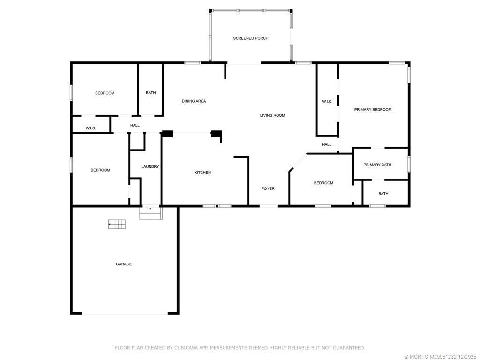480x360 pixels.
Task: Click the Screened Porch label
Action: (251, 38)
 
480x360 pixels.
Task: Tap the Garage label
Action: (124, 264)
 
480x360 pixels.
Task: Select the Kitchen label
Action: (202, 172)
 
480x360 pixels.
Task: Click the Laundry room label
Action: (150, 166)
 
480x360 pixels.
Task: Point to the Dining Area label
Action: (194, 101)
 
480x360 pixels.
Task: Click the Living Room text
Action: (272, 115)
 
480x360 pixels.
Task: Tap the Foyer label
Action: (268, 188)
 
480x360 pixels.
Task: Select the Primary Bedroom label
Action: (373, 109)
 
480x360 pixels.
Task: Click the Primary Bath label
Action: (377, 165)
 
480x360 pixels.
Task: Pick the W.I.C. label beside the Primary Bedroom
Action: (327, 102)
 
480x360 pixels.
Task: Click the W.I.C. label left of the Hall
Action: (90, 128)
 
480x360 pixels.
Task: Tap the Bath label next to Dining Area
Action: (150, 93)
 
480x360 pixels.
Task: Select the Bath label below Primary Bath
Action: (383, 193)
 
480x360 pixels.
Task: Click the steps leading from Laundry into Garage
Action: (150, 214)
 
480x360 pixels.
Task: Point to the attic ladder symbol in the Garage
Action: (117, 224)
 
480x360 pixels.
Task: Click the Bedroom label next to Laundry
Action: (100, 170)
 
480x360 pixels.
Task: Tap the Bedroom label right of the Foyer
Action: (323, 183)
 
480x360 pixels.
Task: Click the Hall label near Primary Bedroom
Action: (326, 145)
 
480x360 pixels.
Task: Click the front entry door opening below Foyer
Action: (269, 206)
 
